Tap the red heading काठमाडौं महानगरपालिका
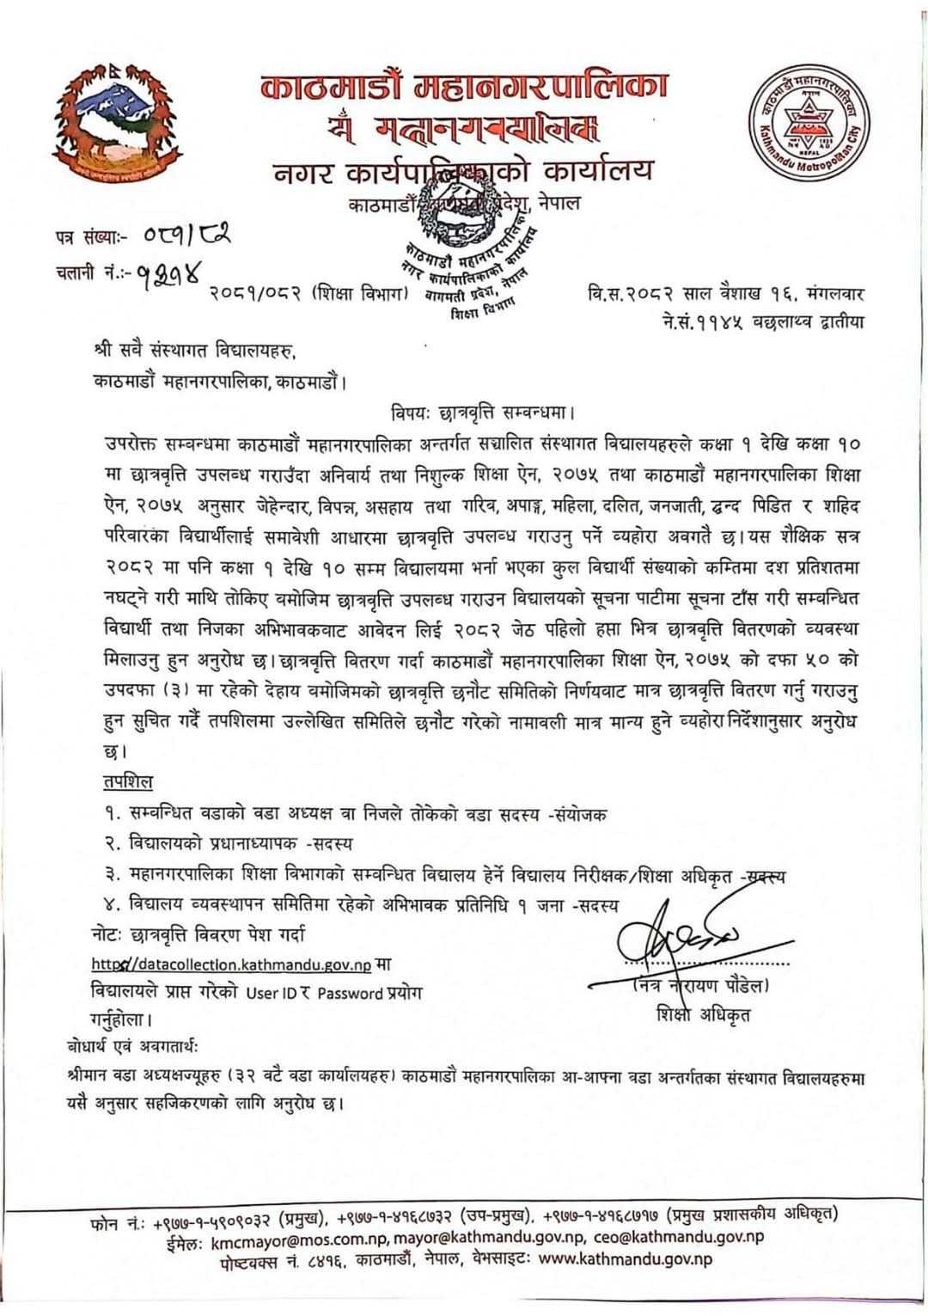click(x=464, y=89)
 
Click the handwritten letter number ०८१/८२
click(x=181, y=234)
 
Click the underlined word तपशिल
click(x=124, y=781)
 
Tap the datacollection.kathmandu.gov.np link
click(x=232, y=964)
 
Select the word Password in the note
click(x=349, y=993)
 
